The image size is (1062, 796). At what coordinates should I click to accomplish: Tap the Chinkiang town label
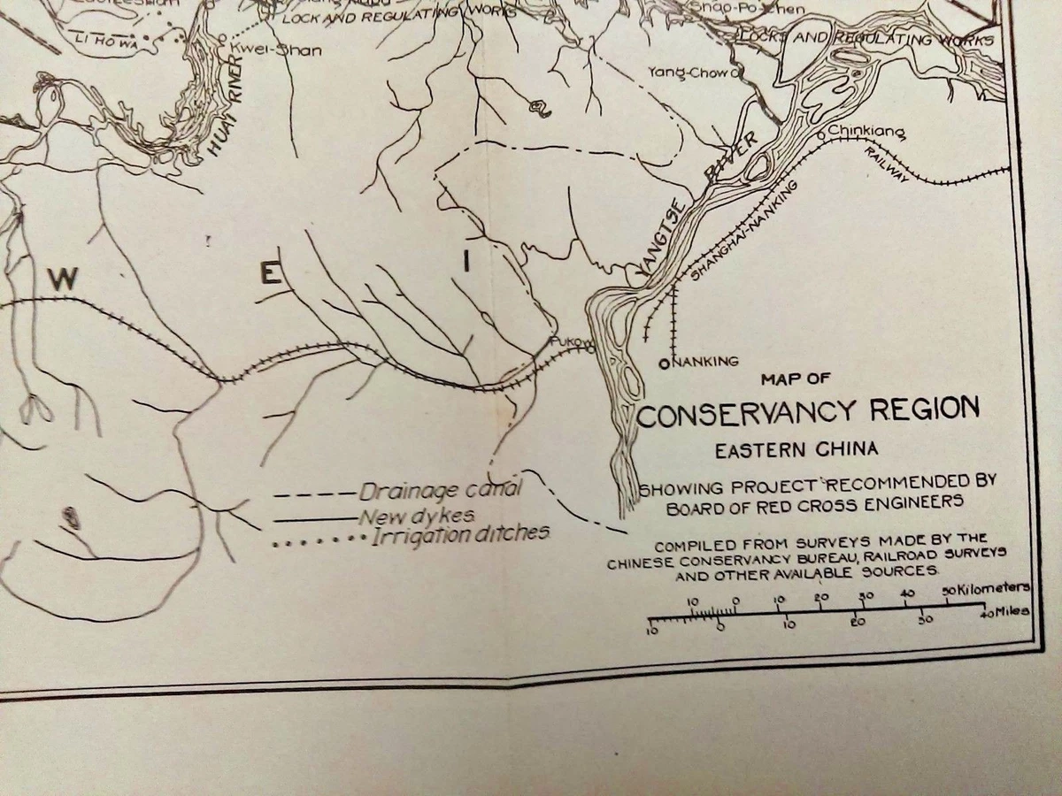coord(866,134)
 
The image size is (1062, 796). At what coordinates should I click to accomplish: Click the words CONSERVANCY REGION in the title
coord(808,412)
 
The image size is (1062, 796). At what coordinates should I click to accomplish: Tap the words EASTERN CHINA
coord(796,449)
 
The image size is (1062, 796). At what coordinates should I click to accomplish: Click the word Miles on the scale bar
coord(1012,611)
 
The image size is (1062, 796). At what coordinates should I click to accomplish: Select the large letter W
coord(64,280)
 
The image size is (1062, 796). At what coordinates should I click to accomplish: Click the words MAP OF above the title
coord(796,379)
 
